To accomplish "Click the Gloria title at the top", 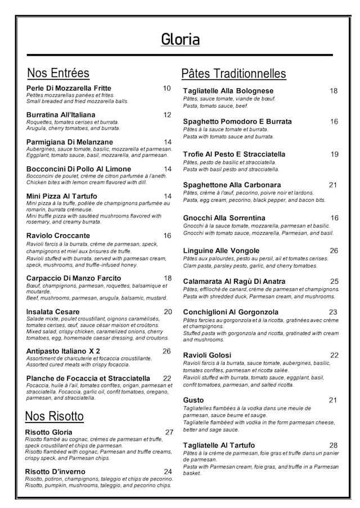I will point(180,39).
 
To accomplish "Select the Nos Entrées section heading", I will point(58,73).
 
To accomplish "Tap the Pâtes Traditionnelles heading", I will point(233,74).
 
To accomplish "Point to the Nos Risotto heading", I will point(54,416).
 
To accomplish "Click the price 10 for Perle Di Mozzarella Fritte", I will point(167,88).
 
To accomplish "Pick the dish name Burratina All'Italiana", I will point(61,115).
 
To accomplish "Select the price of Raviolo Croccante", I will point(167,235).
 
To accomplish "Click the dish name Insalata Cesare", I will point(53,311).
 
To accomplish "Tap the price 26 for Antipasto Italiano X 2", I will point(166,351).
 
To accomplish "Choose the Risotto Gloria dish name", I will point(49,432).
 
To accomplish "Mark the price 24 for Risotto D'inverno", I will point(168,471).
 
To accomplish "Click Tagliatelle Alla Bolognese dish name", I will point(228,91).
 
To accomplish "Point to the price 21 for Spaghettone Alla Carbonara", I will point(333,185).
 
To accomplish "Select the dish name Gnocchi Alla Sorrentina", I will point(224,218).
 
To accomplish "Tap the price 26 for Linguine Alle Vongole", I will point(334,251).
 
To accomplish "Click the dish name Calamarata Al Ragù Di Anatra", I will point(234,281).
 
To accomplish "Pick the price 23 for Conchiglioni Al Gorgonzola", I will point(333,312).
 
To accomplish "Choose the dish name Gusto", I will point(193,400).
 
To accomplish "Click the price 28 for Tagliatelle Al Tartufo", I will point(334,445).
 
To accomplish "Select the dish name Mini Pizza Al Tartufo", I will point(62,196).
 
